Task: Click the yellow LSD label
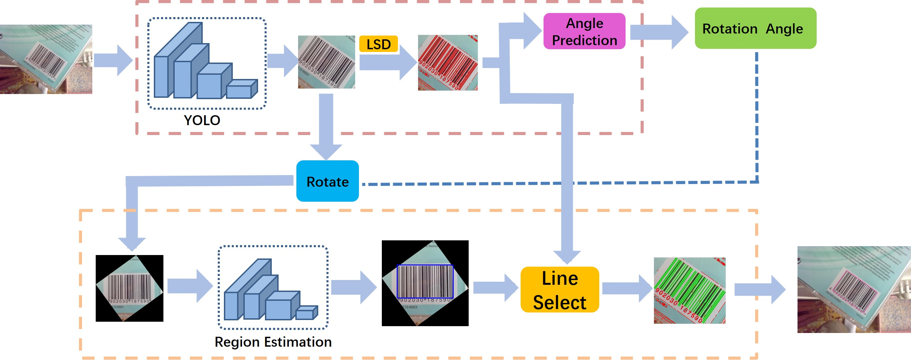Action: click(378, 44)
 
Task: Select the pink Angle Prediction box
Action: click(584, 31)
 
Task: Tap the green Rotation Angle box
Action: click(755, 29)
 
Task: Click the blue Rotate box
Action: click(327, 182)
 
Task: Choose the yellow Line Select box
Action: click(560, 290)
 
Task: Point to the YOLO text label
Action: click(202, 120)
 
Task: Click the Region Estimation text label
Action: click(273, 342)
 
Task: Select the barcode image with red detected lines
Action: click(448, 63)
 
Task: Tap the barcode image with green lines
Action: click(689, 290)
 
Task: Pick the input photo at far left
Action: click(46, 59)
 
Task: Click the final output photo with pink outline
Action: click(854, 290)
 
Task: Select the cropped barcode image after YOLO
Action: click(326, 62)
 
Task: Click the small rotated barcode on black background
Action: click(130, 288)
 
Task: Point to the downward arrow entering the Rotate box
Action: click(326, 127)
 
